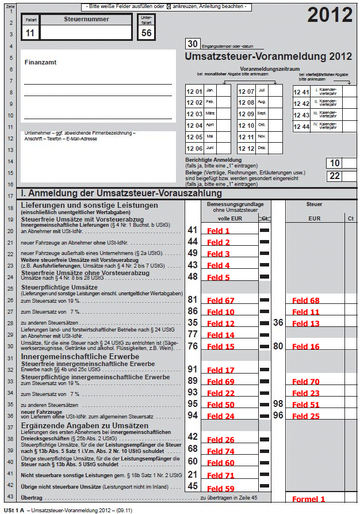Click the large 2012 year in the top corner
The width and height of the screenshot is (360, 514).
point(330,16)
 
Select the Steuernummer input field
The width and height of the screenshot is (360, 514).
point(86,32)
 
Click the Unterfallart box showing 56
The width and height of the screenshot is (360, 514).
point(147,33)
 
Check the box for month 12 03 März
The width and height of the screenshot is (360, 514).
point(224,113)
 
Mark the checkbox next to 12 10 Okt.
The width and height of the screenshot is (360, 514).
point(276,125)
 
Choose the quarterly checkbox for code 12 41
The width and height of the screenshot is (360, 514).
point(350,92)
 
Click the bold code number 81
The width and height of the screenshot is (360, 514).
point(193,300)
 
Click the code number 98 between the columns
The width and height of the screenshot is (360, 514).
point(278,404)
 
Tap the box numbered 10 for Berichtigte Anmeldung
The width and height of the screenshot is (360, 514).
point(335,163)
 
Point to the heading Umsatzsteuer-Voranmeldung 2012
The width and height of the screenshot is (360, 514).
point(268,56)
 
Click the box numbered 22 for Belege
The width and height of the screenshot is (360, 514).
point(335,176)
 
